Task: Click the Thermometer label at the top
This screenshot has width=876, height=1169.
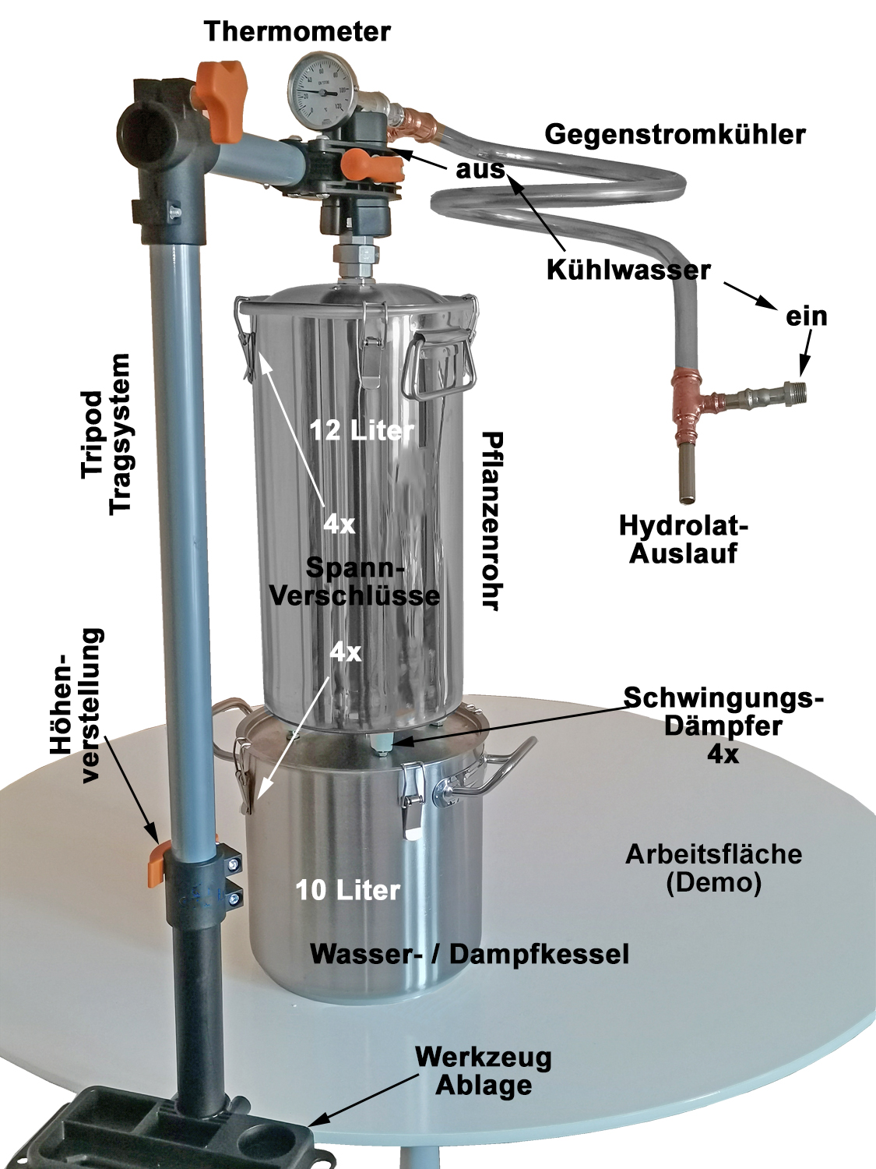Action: click(x=298, y=32)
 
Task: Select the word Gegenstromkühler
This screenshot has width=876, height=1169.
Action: click(x=675, y=136)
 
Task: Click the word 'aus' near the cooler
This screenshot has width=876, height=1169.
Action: click(x=480, y=170)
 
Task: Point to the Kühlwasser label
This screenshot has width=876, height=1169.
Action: click(x=628, y=271)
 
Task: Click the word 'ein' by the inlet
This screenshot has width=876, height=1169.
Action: click(x=807, y=317)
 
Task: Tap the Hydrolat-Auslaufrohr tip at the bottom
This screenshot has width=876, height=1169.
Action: click(x=688, y=499)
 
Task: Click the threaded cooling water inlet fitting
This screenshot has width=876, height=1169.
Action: click(x=795, y=391)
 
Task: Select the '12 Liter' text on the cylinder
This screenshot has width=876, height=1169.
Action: click(x=361, y=430)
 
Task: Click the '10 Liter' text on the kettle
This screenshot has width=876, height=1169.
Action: click(x=348, y=890)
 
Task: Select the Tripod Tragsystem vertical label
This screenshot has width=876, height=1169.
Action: click(x=107, y=434)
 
